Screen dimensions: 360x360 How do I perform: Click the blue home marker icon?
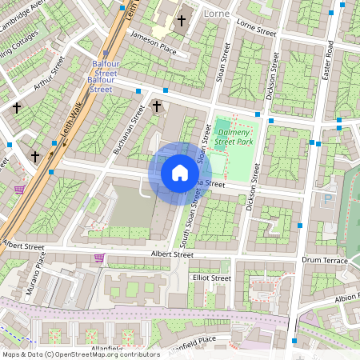coord(180,173)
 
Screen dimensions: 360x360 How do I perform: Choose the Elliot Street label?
coord(210,278)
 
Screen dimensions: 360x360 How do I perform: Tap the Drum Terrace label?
coord(324,261)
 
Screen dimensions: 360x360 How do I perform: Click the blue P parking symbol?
coord(327,198)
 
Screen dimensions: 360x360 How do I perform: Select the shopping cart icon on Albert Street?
coord(99,258)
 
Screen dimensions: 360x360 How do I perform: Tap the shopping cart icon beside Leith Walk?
coord(19,190)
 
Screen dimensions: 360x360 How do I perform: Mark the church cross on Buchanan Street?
coord(157,106)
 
